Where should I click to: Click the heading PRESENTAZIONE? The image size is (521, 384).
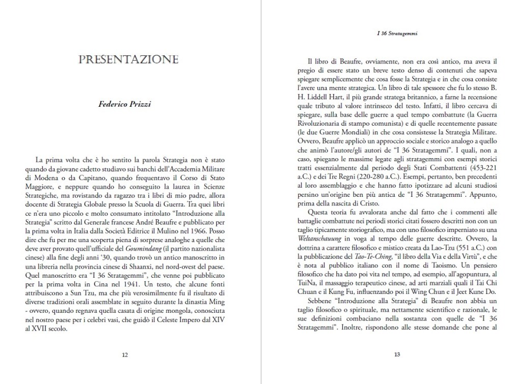(128, 60)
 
